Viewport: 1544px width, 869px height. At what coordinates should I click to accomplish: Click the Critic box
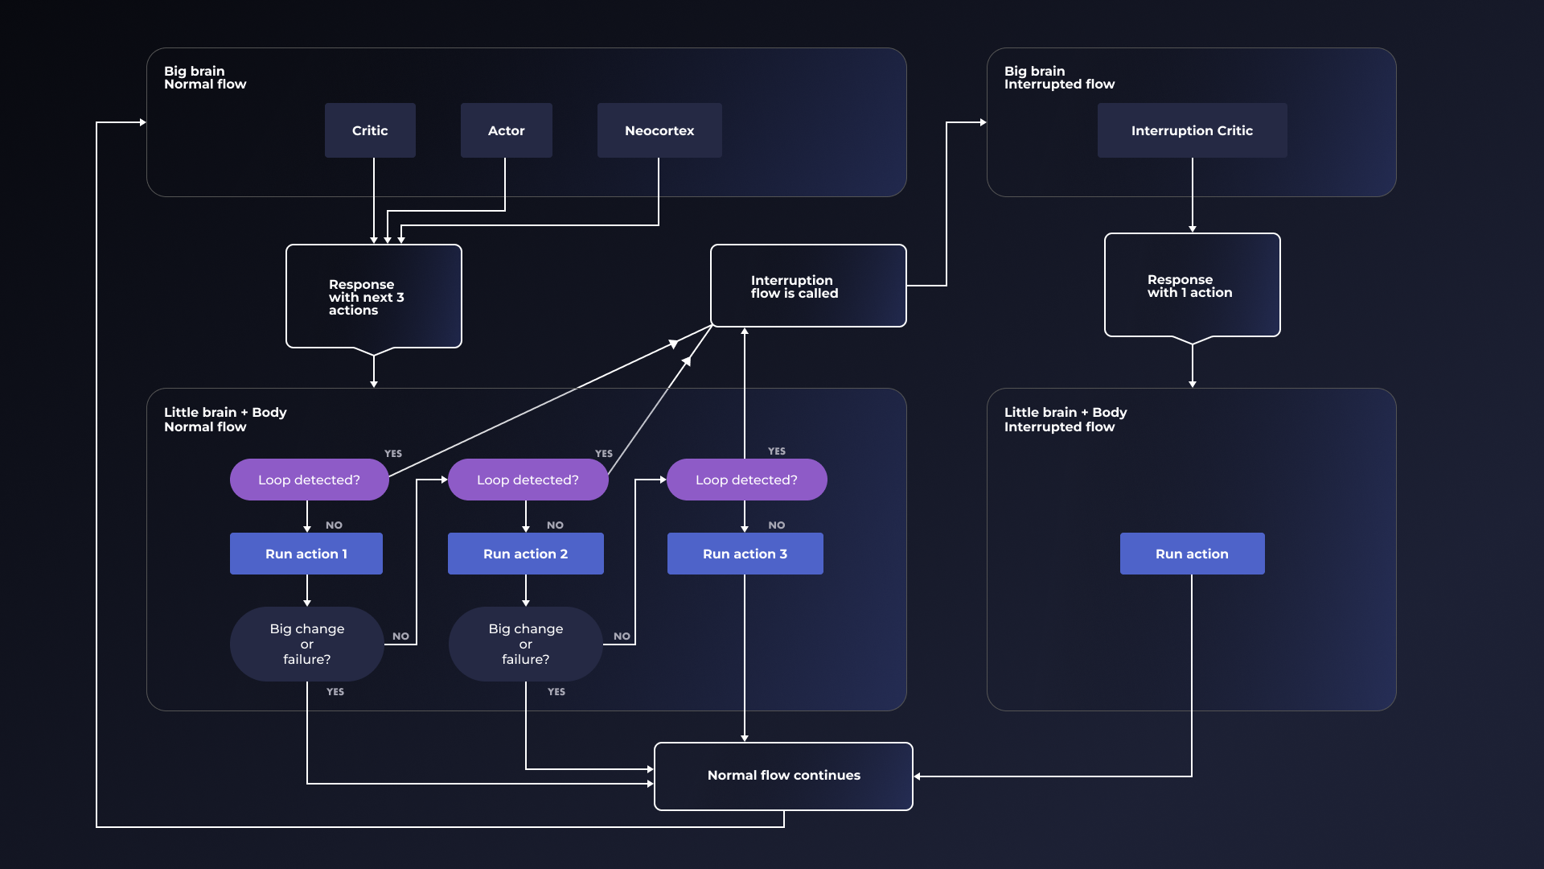(370, 130)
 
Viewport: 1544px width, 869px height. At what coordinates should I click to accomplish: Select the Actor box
(506, 130)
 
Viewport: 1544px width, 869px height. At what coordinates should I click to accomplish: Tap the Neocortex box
(659, 130)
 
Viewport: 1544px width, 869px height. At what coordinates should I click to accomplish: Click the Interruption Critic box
(1192, 130)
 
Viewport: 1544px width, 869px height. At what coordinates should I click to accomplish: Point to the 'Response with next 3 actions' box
(373, 297)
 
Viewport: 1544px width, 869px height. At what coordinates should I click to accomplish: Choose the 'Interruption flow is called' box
(808, 286)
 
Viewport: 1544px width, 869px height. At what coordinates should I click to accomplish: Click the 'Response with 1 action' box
(1192, 286)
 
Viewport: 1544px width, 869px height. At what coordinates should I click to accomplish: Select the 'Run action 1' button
(306, 554)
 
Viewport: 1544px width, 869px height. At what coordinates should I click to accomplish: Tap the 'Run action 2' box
(525, 554)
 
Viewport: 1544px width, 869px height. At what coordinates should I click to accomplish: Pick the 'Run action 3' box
(745, 554)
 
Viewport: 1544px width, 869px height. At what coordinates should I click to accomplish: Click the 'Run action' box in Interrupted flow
(1192, 554)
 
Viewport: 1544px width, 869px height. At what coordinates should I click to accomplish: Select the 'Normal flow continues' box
(783, 776)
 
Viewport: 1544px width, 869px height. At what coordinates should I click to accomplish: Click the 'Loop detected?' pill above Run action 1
(309, 480)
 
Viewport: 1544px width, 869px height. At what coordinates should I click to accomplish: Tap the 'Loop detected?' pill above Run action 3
(746, 480)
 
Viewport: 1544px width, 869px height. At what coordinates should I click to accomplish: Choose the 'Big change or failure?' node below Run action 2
(525, 644)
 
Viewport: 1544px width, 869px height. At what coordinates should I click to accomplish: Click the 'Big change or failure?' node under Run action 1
(306, 644)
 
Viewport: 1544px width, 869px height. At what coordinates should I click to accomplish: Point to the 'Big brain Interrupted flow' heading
(1059, 77)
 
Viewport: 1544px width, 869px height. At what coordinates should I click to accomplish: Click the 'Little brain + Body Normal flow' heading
(225, 419)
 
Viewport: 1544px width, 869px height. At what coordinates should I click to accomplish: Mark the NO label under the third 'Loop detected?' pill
(776, 525)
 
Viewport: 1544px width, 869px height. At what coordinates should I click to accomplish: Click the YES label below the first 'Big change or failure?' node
(335, 692)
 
